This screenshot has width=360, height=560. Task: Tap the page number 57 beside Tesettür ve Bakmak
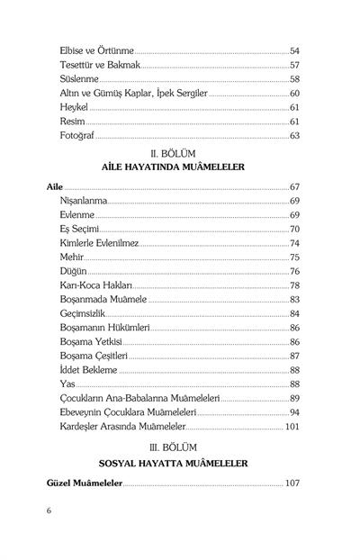(294, 66)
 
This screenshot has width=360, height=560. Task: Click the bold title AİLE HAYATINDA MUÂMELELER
(181, 168)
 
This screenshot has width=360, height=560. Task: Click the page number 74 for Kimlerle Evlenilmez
(294, 243)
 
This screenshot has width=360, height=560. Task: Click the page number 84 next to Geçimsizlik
(294, 313)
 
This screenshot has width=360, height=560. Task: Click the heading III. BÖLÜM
(181, 446)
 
